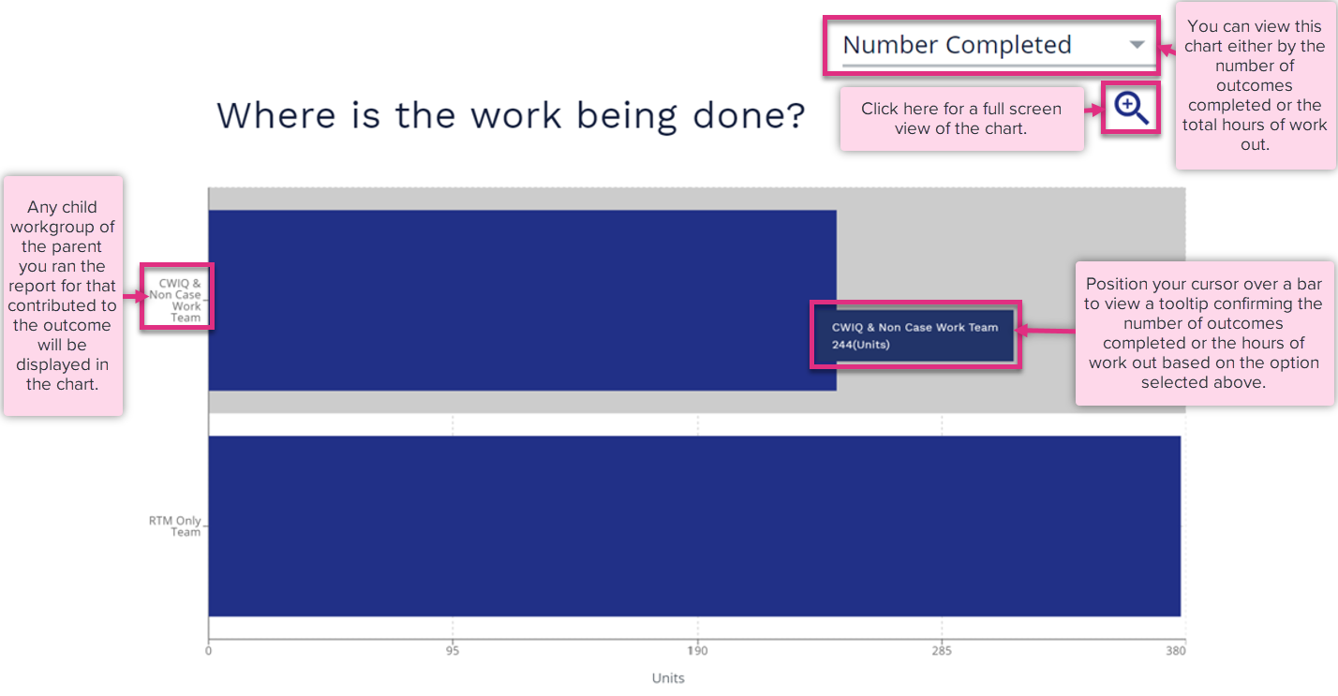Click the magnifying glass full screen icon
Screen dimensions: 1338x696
(1131, 108)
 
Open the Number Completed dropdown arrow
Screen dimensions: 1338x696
(1137, 45)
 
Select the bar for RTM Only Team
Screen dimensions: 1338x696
(694, 526)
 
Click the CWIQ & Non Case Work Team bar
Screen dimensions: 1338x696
(522, 300)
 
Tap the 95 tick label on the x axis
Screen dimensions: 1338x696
(453, 651)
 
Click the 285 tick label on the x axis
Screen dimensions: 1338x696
(942, 651)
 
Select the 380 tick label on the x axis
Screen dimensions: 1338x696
(1176, 651)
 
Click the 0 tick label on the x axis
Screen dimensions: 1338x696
(208, 651)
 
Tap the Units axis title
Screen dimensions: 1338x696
(668, 678)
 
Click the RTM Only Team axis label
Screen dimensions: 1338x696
(174, 526)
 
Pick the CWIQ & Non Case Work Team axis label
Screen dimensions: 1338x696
(175, 301)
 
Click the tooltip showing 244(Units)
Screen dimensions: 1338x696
(915, 335)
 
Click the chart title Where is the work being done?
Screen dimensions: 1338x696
(512, 114)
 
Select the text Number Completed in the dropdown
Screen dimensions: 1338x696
(957, 45)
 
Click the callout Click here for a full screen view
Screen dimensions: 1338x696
(961, 118)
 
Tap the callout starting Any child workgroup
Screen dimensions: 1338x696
(63, 296)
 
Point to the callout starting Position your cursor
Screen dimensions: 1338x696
(1204, 333)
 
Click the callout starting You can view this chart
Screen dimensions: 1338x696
(1255, 85)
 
